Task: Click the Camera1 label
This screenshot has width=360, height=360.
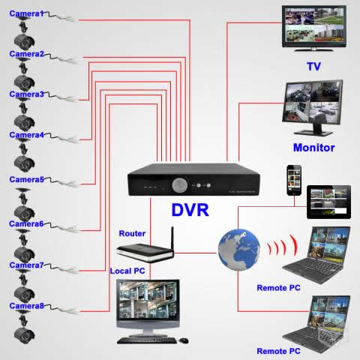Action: [x=26, y=13]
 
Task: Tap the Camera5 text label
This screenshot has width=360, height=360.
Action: [x=26, y=179]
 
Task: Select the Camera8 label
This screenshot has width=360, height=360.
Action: [x=26, y=306]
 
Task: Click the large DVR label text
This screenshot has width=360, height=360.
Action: [x=190, y=210]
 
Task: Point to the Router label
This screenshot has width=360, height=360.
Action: [x=132, y=233]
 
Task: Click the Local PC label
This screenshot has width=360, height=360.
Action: [x=127, y=271]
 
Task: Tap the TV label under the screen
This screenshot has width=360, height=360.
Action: [x=314, y=67]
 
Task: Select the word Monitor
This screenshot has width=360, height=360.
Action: [x=314, y=148]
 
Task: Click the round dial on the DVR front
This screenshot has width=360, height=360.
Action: [x=180, y=185]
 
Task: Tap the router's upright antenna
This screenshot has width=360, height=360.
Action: [x=172, y=239]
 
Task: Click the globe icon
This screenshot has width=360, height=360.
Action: [x=238, y=250]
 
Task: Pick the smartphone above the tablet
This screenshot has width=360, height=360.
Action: [x=294, y=180]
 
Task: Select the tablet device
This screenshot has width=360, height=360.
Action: [x=328, y=202]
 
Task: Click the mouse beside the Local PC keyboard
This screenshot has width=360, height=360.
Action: [x=184, y=340]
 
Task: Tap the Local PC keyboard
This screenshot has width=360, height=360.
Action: [x=147, y=340]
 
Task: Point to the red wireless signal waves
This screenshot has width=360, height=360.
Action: [x=283, y=246]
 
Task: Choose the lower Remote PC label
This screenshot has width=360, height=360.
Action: [x=278, y=351]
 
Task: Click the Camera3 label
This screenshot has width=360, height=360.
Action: [x=26, y=94]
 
